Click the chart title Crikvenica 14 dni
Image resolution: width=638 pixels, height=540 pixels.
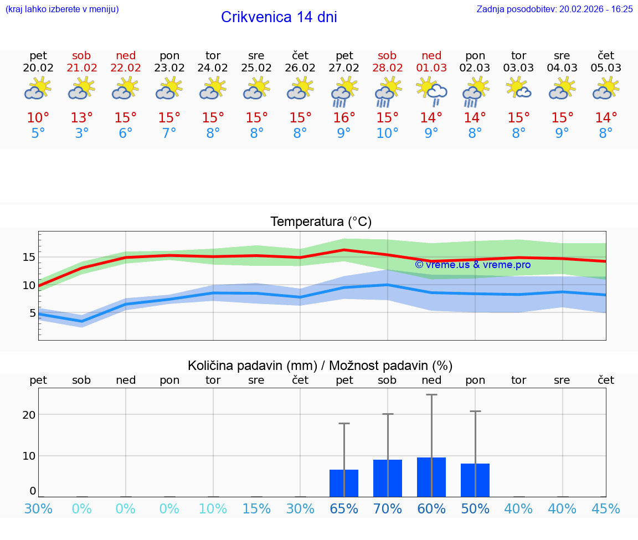pos(279,17)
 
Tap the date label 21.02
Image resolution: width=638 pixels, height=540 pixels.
pos(82,68)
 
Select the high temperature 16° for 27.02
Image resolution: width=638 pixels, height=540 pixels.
pos(344,118)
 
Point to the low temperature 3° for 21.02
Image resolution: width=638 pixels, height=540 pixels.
pos(82,133)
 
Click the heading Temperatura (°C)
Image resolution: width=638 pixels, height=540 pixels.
pos(321,222)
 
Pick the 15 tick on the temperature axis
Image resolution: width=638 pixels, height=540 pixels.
pos(29,257)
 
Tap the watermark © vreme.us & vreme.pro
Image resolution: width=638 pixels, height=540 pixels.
pos(472,265)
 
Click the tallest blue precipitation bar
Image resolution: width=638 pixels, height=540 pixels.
pos(431,477)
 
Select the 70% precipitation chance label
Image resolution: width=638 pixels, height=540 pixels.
pos(388,508)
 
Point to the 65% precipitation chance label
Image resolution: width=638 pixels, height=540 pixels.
pos(344,508)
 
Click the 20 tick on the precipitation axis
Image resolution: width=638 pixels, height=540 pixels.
pos(29,415)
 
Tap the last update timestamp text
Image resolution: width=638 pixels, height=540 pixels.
pos(554,9)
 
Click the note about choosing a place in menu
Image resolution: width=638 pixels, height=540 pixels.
pos(62,9)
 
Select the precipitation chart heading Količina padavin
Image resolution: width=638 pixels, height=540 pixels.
pos(320,366)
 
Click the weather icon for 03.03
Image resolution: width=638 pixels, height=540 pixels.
pos(519,89)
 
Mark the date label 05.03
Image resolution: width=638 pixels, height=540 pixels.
pos(606,68)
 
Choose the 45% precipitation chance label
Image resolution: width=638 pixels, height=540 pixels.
pos(606,508)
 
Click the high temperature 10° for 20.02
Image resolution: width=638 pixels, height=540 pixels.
pos(38,118)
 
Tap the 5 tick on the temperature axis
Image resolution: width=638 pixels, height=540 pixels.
pos(32,313)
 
